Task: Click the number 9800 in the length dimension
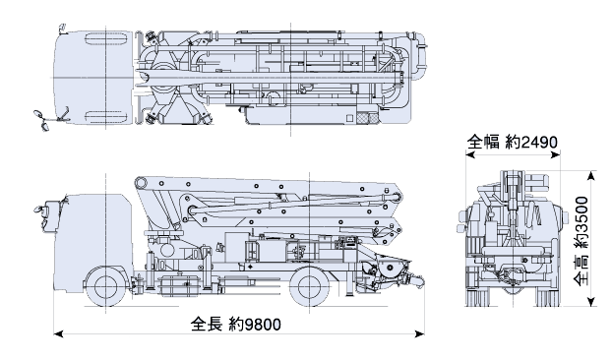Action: (263, 325)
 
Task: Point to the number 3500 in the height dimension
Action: (581, 215)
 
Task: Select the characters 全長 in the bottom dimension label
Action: (207, 325)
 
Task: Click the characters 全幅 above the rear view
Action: (483, 142)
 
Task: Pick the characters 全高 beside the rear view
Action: (581, 270)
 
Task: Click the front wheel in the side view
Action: (106, 286)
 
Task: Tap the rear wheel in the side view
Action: (310, 286)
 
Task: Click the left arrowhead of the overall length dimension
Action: (58, 333)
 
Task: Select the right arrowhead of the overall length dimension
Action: (420, 333)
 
